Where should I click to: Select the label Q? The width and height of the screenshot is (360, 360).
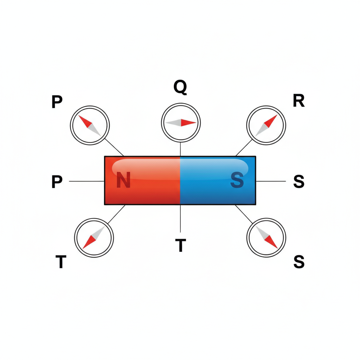[180, 87]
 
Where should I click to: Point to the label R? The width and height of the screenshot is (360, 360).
[299, 101]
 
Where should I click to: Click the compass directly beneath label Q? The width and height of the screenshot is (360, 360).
[181, 123]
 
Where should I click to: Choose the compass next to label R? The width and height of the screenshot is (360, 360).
[266, 125]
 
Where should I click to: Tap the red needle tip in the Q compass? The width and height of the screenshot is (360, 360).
[195, 123]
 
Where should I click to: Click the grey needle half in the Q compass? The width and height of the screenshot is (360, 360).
[173, 123]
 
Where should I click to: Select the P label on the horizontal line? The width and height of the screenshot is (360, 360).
[57, 181]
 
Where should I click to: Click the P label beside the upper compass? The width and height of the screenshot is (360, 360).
[57, 102]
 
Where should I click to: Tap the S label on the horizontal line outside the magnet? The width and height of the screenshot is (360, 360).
[299, 181]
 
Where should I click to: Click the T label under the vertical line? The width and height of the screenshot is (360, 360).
[180, 245]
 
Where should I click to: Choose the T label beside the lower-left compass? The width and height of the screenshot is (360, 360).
[61, 262]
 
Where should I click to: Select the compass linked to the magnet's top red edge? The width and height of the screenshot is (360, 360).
[90, 125]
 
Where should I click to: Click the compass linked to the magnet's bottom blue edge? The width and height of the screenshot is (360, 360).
[266, 237]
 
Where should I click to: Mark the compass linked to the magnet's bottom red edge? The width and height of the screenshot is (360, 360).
[94, 238]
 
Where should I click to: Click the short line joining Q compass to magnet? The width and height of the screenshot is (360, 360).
[180, 149]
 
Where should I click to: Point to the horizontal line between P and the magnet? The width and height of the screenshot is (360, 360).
[87, 181]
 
